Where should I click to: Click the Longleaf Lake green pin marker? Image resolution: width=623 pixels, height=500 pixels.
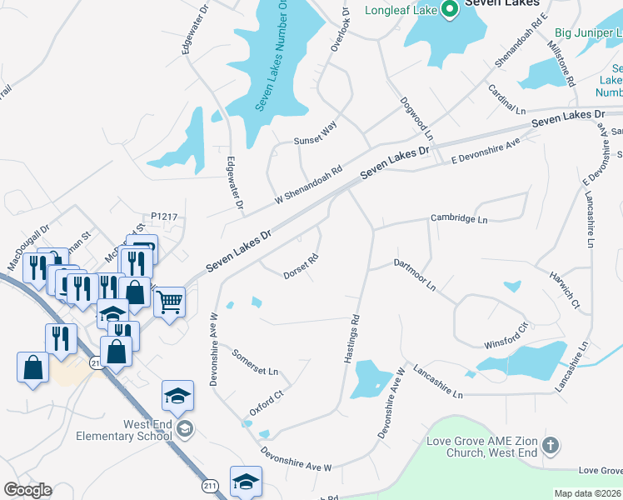pos(451,10)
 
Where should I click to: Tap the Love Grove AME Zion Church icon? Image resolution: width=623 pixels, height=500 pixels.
pos(550,445)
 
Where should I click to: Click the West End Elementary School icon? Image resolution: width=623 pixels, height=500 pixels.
pos(184,429)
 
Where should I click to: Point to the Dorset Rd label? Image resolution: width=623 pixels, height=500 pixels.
pos(302,266)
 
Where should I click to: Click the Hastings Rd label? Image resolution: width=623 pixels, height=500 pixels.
pos(352,337)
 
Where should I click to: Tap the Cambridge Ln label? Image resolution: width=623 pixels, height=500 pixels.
pos(458,218)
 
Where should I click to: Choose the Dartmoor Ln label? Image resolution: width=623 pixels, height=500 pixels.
pos(415,273)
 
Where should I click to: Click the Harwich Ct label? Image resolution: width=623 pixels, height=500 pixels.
pos(564,288)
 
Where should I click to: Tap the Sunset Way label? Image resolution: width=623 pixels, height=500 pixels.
pos(315,134)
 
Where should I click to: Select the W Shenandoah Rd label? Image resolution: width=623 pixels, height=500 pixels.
pos(309,185)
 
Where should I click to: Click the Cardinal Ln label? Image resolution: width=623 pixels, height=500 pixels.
pos(508,99)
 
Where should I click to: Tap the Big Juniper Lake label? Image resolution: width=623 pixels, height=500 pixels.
pos(586,33)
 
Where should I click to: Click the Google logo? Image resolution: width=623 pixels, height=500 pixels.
pos(27,490)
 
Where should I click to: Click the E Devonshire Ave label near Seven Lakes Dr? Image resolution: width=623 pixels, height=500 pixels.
pos(486,148)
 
